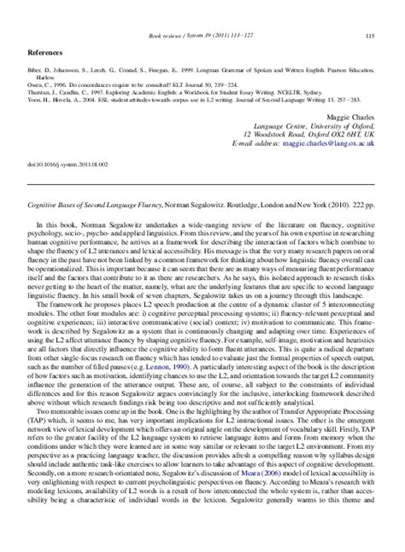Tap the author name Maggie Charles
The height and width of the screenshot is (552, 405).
(351, 114)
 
